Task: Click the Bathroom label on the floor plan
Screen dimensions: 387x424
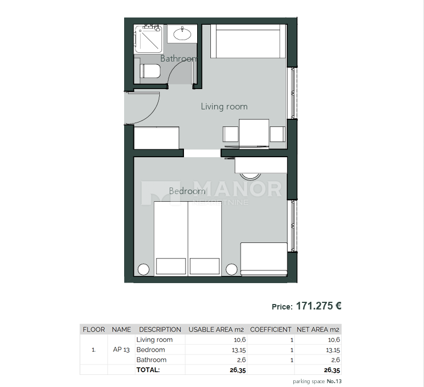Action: tap(178, 58)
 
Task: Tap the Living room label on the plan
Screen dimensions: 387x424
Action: tap(224, 107)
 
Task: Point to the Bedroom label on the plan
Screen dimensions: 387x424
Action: tap(187, 191)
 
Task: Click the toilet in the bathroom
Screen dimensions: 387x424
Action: tap(150, 71)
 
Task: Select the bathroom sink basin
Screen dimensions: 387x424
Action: tap(182, 34)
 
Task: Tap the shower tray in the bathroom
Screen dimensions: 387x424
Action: tap(148, 40)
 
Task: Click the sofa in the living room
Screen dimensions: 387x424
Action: tap(248, 42)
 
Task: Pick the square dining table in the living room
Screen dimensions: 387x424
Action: tap(254, 132)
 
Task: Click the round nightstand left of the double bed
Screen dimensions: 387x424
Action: tap(143, 269)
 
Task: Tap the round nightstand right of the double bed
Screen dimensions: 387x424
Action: tap(232, 269)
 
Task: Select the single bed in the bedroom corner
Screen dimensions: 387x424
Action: tap(264, 259)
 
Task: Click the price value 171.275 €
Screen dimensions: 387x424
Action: tap(319, 306)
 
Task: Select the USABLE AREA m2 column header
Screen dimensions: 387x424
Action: tap(216, 329)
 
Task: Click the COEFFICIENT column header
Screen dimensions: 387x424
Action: tap(271, 329)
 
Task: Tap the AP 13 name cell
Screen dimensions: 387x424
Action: tap(121, 350)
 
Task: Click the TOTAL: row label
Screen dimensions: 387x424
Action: tap(148, 370)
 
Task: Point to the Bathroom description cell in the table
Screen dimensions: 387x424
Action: tap(151, 360)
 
